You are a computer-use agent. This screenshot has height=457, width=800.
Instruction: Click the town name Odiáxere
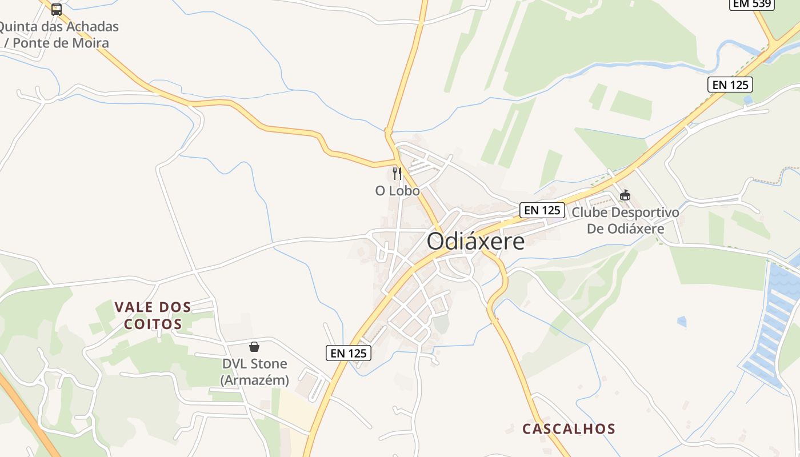[x=475, y=241]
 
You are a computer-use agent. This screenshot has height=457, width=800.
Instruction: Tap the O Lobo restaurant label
[x=397, y=191]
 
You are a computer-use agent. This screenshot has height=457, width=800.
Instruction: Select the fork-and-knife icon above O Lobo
[x=397, y=174]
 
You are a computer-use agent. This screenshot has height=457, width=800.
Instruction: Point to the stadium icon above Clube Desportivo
[x=625, y=195]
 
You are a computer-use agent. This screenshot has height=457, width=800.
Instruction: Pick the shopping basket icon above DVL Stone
[x=254, y=347]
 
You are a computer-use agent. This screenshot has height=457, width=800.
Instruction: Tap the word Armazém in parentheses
[x=255, y=380]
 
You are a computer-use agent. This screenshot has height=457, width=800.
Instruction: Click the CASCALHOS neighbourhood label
[x=569, y=429]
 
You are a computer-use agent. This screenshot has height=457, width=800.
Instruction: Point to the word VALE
[x=133, y=307]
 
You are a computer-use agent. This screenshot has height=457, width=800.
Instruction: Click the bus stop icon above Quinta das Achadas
[x=56, y=9]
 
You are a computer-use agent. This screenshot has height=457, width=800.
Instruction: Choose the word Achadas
[x=93, y=26]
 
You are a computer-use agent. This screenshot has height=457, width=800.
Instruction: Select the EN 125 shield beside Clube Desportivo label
[x=542, y=210]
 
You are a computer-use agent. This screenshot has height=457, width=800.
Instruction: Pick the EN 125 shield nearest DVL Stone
[x=349, y=353]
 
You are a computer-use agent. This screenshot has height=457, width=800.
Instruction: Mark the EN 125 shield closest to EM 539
[x=730, y=85]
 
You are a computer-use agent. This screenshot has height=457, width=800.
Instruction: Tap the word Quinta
[x=22, y=26]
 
